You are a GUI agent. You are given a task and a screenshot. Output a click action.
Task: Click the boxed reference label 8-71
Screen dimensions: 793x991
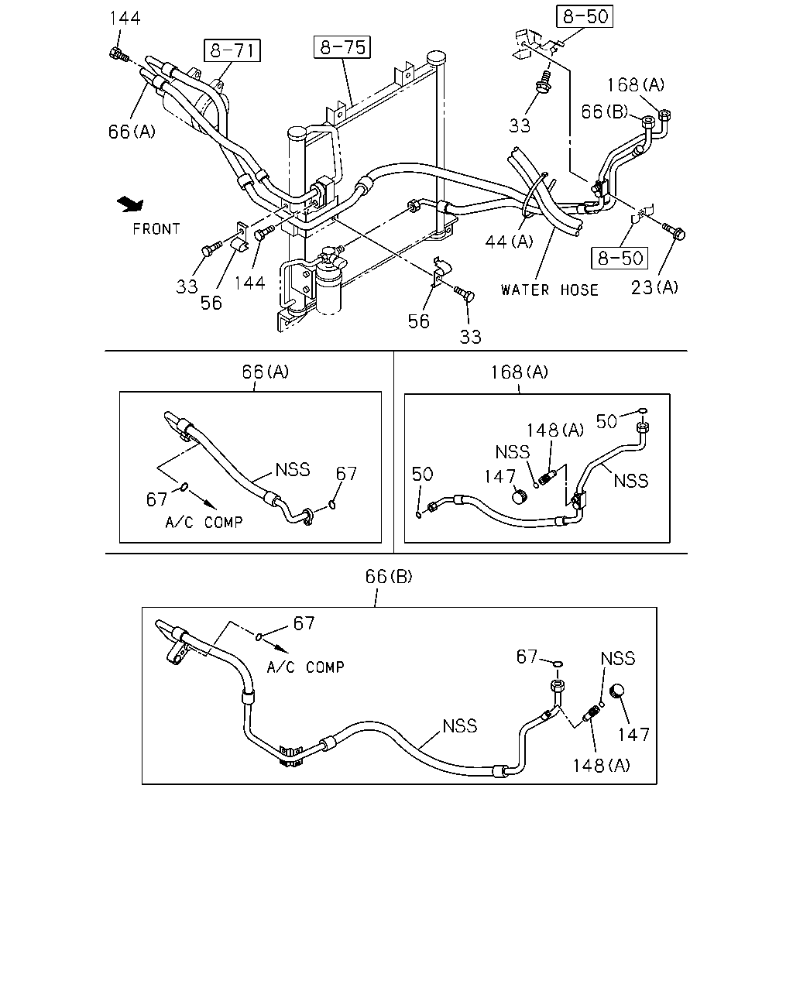tap(232, 50)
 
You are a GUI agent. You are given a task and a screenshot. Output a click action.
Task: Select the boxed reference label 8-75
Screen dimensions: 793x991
tap(342, 47)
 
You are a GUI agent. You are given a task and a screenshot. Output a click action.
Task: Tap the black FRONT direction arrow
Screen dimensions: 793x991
tap(131, 204)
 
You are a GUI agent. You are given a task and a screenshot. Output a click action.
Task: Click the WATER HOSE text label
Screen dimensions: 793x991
tap(550, 290)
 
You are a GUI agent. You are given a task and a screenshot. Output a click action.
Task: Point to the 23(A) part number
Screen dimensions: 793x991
tap(654, 287)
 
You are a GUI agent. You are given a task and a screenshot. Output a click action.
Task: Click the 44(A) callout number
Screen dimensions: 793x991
tap(509, 242)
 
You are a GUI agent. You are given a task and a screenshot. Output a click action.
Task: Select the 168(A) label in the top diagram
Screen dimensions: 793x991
tap(636, 84)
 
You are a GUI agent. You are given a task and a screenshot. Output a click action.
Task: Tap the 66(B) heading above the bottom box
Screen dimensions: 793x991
tap(389, 576)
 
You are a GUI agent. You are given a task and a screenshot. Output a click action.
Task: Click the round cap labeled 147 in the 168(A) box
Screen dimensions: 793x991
tap(520, 497)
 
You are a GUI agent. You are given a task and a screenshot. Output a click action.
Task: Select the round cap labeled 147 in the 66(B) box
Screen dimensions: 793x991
tap(617, 691)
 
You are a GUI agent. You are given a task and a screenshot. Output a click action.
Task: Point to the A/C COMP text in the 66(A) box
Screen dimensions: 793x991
tap(204, 522)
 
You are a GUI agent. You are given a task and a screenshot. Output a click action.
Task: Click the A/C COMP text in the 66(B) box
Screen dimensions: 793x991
tap(305, 667)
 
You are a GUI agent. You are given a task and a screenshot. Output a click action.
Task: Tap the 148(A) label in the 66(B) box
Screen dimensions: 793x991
tap(601, 766)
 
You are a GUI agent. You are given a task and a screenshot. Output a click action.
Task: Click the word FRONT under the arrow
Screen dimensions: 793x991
tap(156, 229)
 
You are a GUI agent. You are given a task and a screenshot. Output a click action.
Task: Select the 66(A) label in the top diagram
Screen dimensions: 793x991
tap(132, 132)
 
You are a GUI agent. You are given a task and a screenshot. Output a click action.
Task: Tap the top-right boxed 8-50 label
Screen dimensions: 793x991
tap(585, 16)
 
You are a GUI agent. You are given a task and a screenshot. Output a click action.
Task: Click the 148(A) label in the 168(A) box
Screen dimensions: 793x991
tap(555, 430)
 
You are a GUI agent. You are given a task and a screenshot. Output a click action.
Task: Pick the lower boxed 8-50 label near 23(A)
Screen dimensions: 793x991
tap(620, 258)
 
